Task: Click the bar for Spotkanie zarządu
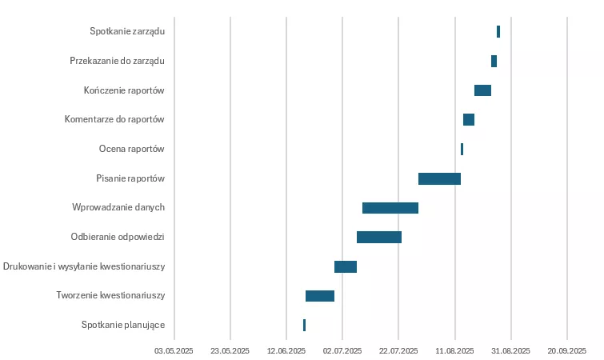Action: click(498, 31)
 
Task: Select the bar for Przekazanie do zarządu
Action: click(494, 61)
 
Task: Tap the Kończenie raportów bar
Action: click(482, 90)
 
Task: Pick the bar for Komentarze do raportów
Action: click(469, 119)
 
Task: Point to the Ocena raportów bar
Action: click(462, 149)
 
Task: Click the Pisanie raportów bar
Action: click(439, 178)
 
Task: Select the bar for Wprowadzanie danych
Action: click(390, 208)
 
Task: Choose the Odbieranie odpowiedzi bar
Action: click(379, 237)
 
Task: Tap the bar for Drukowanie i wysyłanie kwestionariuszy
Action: click(346, 266)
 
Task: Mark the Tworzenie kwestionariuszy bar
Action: click(320, 296)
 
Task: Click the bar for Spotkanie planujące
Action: click(304, 325)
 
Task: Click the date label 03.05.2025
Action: click(174, 350)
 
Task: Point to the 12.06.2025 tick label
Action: click(286, 350)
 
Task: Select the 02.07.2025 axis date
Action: click(342, 350)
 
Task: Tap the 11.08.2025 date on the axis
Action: click(454, 350)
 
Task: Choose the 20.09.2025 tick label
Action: click(566, 350)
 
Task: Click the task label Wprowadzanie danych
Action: click(118, 208)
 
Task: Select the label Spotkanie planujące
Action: click(123, 325)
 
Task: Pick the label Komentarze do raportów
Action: click(114, 119)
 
